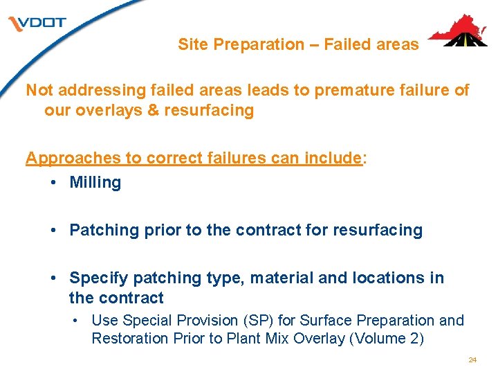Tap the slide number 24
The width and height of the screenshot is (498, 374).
tap(472, 360)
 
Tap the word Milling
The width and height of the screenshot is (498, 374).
tap(95, 183)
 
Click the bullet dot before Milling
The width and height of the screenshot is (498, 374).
tap(54, 183)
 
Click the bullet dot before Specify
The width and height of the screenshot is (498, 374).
tap(54, 278)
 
